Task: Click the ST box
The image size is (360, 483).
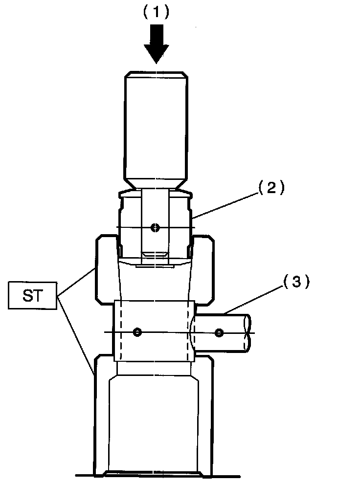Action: coord(33,296)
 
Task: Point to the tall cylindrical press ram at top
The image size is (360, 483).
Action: coord(156,127)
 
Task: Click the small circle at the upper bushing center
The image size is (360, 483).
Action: coord(155,227)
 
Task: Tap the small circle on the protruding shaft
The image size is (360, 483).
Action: coord(219,333)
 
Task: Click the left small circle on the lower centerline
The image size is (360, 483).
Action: coord(137,332)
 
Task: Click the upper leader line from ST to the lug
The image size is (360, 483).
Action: coord(76,282)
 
